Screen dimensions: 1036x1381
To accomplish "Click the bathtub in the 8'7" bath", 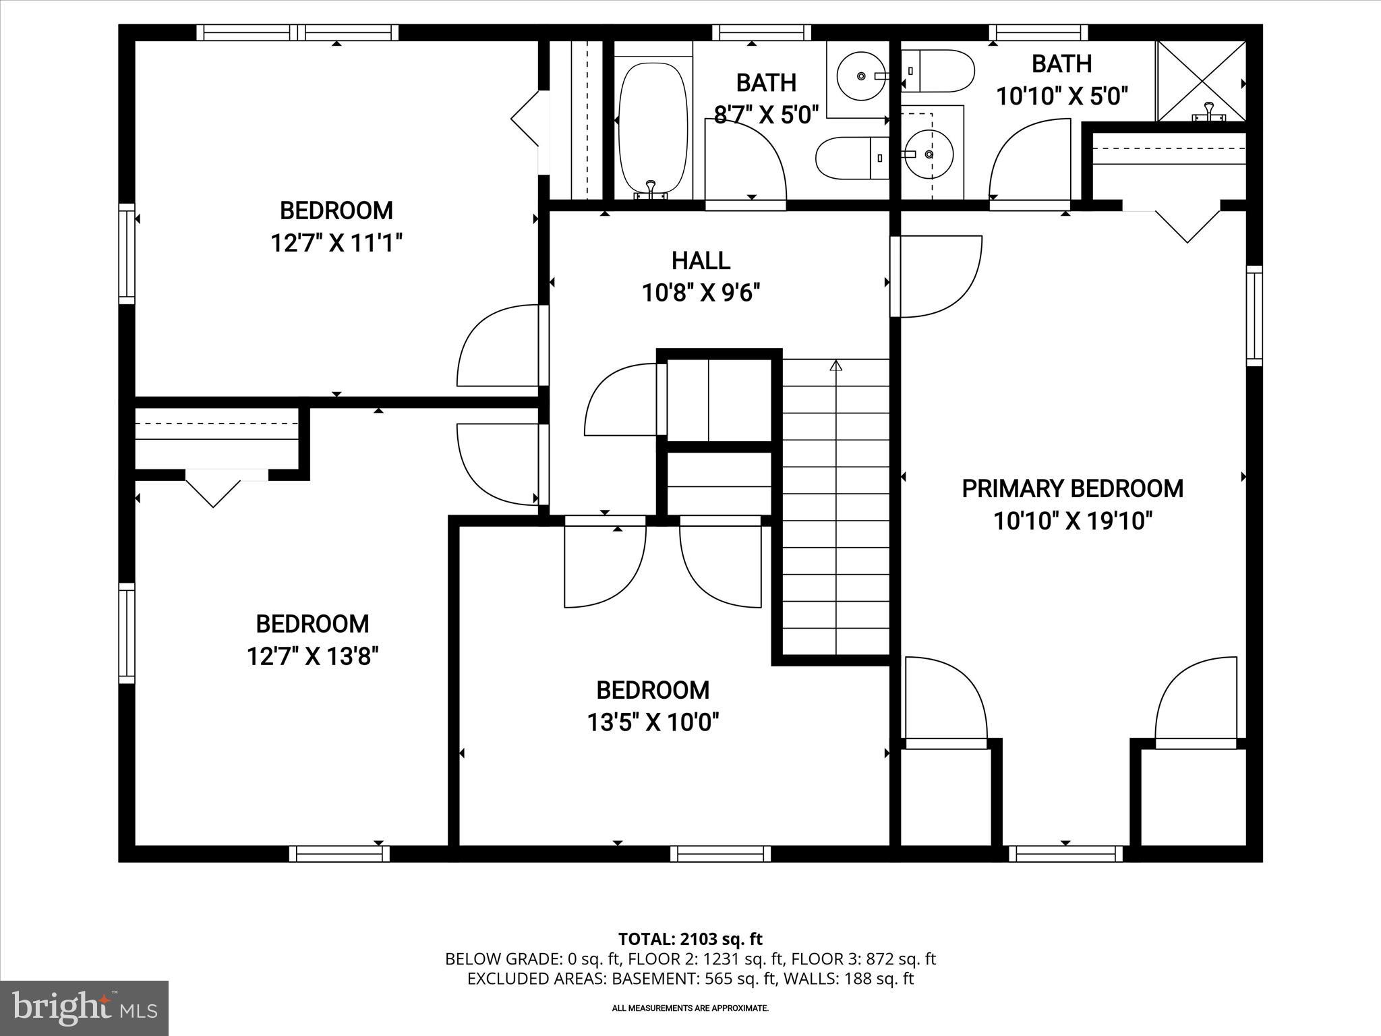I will click(x=653, y=128).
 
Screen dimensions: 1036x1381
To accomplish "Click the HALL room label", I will click(x=701, y=261).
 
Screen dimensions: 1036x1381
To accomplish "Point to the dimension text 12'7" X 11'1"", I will click(x=336, y=243).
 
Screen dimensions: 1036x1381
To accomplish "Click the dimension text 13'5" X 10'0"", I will click(x=653, y=723).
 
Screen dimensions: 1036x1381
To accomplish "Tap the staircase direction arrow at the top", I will click(x=836, y=366).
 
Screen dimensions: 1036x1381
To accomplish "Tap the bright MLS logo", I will click(x=84, y=1008).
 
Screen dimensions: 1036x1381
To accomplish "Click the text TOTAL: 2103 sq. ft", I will click(x=690, y=939).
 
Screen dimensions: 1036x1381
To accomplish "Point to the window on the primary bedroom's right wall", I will click(x=1254, y=316).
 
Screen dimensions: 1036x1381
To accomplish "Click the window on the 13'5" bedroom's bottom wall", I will click(x=720, y=854).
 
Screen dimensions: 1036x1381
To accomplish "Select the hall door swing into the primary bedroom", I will click(x=941, y=277).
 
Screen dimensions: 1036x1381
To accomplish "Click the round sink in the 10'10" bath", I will click(x=929, y=154).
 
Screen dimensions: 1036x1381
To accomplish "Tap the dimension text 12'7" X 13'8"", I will click(x=312, y=656).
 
